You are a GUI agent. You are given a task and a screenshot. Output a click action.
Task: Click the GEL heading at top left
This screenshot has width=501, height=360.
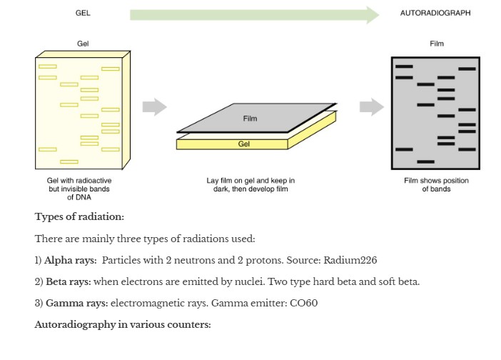83,13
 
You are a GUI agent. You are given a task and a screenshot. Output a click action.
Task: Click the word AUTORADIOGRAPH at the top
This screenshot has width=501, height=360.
435,13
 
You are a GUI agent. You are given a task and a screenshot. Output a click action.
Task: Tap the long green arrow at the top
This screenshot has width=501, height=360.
254,15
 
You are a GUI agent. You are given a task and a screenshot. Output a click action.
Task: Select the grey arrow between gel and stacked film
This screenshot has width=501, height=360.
155,106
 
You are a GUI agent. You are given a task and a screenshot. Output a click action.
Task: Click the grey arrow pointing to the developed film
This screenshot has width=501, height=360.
372,106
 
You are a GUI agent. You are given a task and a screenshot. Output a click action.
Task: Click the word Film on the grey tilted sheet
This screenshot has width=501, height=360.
250,119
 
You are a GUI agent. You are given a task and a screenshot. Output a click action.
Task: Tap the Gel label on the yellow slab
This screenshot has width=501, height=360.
244,144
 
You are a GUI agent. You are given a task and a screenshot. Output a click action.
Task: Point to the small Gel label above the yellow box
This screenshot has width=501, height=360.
83,44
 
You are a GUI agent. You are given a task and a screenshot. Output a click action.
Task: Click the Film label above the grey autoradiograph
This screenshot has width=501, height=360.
437,44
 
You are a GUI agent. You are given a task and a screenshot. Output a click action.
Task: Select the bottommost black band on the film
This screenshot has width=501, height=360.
425,161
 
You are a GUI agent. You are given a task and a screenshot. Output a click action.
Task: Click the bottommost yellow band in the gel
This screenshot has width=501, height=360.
69,161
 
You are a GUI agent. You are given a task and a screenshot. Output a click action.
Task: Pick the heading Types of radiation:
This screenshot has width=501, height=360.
79,216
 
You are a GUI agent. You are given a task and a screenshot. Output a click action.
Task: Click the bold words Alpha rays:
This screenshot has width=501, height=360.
70,260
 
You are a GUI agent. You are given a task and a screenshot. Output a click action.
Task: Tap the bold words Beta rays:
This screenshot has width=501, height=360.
69,281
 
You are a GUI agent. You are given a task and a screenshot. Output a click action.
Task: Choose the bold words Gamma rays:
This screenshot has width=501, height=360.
77,303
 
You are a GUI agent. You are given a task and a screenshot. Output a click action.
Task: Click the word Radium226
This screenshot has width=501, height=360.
350,260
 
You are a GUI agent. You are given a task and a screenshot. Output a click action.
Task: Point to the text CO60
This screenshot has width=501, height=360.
303,303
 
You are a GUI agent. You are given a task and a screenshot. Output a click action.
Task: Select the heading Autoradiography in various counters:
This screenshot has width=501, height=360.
123,325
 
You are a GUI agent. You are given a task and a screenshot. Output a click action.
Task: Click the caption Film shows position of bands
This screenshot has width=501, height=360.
436,185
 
